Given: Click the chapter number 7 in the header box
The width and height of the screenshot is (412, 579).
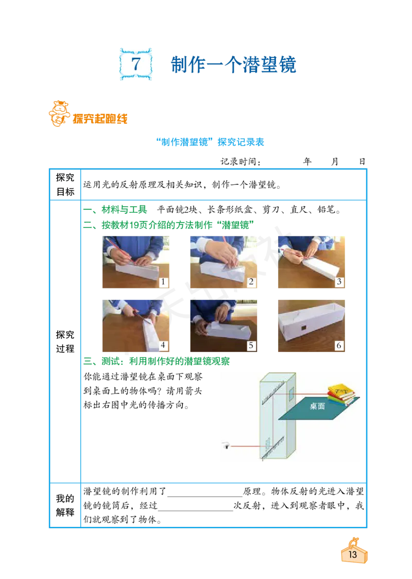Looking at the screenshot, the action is [136, 64].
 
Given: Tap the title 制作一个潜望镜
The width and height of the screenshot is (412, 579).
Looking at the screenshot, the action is [233, 64].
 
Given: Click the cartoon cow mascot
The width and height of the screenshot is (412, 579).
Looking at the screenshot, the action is [59, 113].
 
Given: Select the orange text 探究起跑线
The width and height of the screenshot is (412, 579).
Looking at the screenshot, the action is [100, 118].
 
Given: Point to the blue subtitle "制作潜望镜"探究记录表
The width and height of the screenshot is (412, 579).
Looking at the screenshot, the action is [210, 142].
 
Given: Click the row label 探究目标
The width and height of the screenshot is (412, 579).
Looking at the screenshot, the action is [65, 184].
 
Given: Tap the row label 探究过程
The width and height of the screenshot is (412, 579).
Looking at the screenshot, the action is [65, 342].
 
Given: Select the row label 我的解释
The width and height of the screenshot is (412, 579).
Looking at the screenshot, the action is [65, 505].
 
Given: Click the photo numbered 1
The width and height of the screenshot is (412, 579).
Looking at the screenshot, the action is [136, 262].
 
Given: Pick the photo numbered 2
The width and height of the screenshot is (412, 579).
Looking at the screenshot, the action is [224, 262].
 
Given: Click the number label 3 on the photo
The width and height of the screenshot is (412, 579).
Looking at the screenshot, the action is [339, 282].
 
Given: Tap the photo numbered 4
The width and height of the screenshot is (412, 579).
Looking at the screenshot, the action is [136, 326].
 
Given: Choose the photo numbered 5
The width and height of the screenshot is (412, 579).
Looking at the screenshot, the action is [224, 326].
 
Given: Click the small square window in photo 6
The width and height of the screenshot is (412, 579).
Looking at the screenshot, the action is [304, 328].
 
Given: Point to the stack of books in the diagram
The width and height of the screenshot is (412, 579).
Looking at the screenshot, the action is [342, 395].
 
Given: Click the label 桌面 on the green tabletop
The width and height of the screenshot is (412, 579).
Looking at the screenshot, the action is [317, 406].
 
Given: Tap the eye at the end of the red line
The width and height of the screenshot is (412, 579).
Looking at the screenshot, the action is [226, 446].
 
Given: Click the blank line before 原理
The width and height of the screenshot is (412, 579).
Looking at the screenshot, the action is [204, 496].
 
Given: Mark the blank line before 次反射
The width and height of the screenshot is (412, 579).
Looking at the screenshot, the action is [195, 510].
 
